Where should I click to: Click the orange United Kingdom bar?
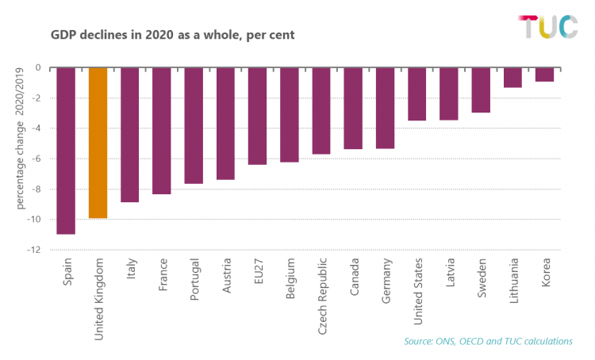coord(98,143)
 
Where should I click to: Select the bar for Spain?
coord(66,151)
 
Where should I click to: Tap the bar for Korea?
coord(544,75)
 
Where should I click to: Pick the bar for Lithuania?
coord(512,78)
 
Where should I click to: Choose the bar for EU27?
coord(257,116)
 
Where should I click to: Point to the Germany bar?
coord(385,108)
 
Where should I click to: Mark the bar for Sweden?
coord(481,90)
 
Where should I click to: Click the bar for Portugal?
coord(194,126)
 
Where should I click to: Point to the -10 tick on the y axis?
coord(33,220)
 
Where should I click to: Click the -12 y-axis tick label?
coord(33,250)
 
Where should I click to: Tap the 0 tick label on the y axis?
coord(38,67)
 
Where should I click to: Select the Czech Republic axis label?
coord(322,297)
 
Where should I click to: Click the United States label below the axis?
coord(417,291)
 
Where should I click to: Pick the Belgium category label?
coord(290,278)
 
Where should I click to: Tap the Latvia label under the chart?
coord(450,272)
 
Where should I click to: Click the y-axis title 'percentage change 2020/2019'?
coord(19,139)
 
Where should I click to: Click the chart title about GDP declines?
coord(173,35)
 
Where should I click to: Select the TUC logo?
coord(548,26)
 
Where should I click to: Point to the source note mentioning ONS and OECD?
coord(488,342)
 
